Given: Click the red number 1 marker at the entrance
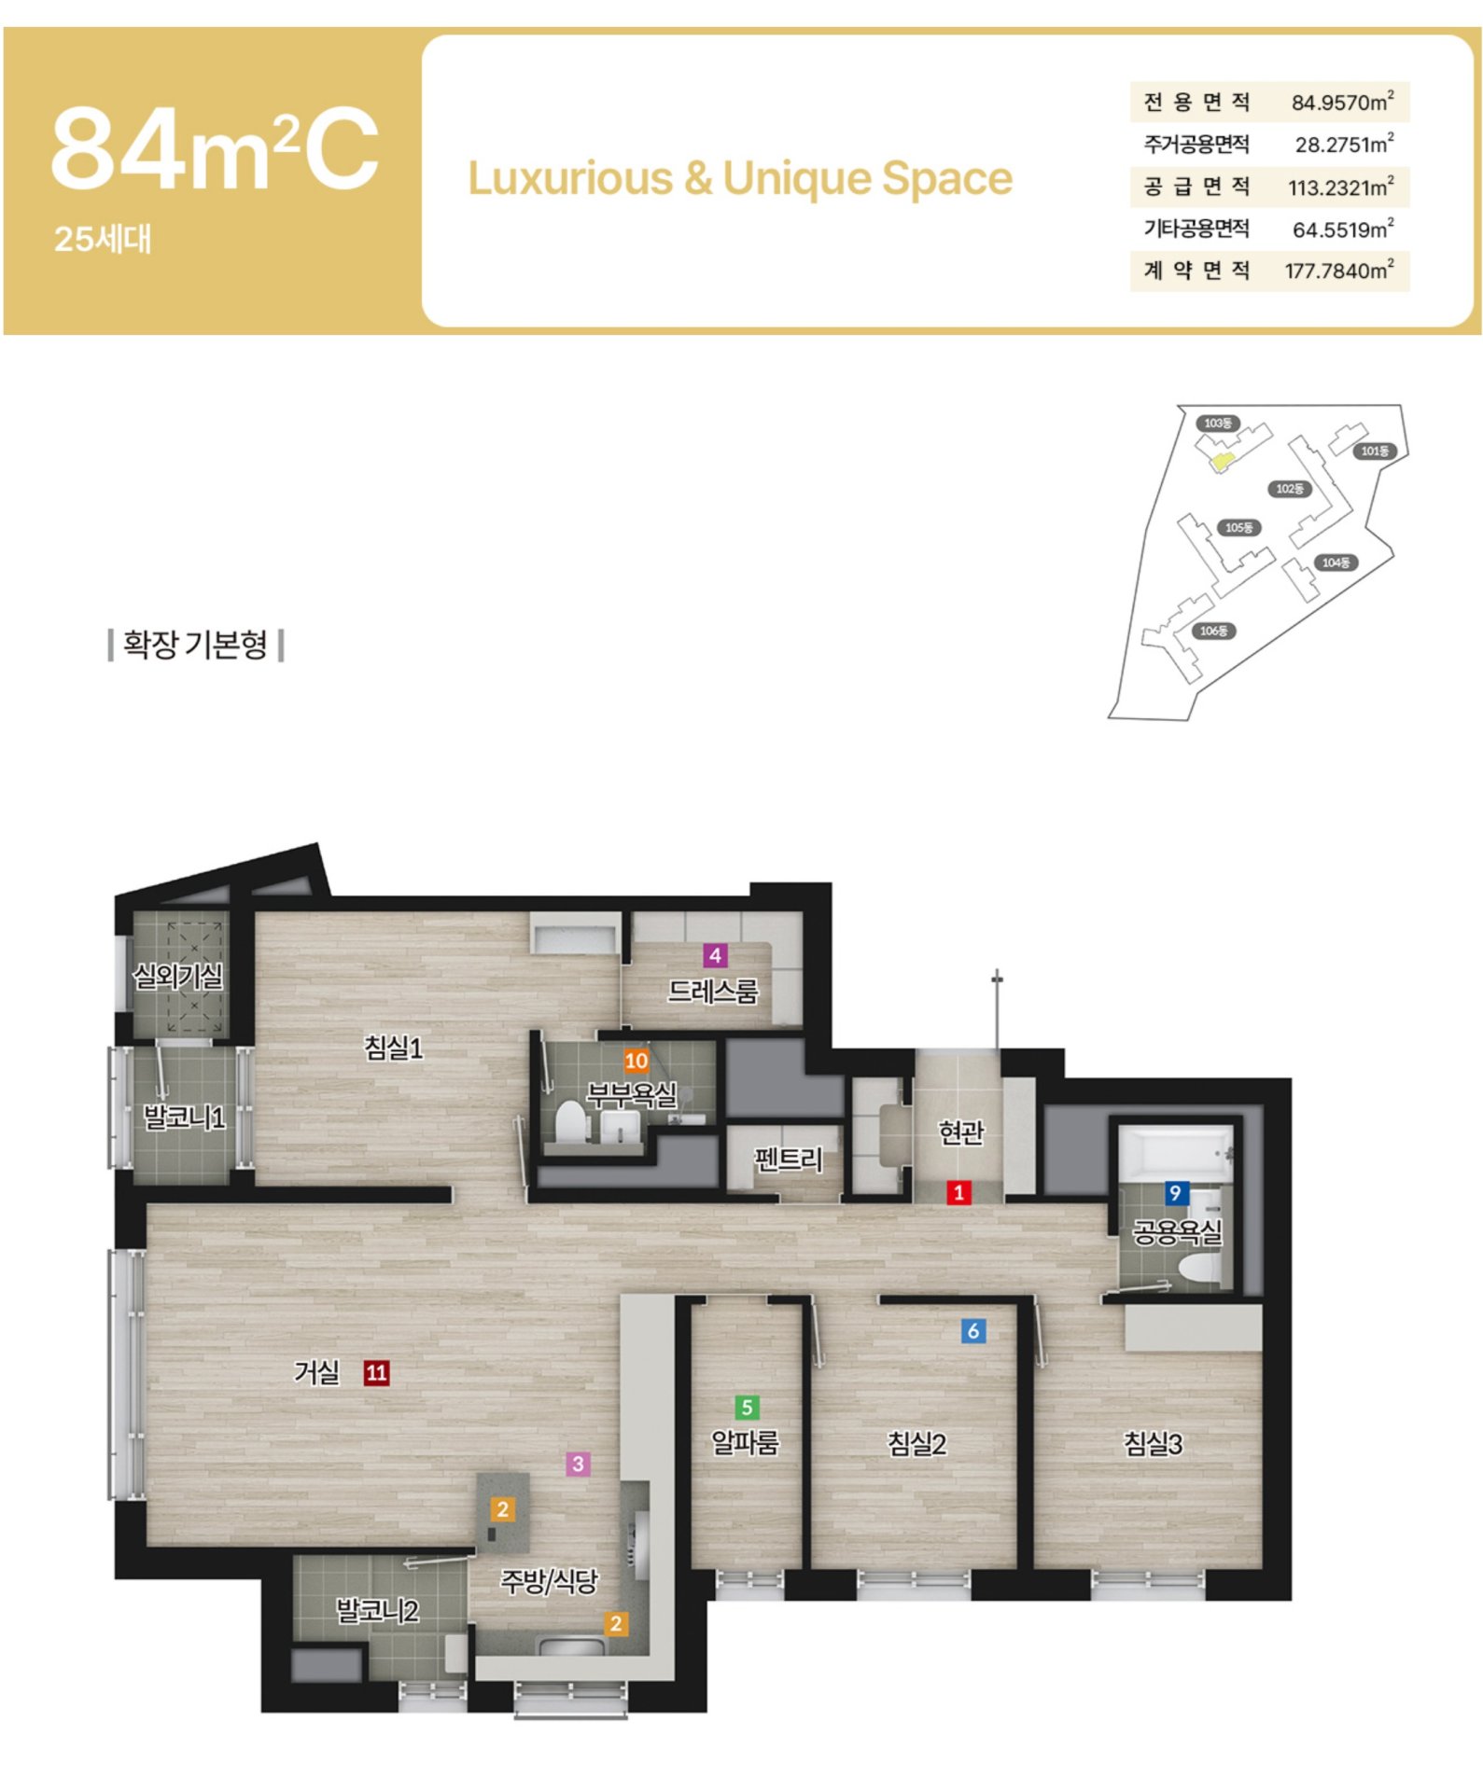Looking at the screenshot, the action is (958, 1192).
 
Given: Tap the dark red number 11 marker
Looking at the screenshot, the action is (376, 1372).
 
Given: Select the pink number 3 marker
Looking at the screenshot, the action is (578, 1464).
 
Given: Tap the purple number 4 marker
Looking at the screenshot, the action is (715, 955).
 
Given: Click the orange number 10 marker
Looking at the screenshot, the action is (637, 1061).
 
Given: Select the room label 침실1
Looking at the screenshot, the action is (394, 1048).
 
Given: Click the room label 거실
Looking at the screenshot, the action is (316, 1372).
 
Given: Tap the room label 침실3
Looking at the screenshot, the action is (1153, 1444).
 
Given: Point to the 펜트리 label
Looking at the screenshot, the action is (789, 1159).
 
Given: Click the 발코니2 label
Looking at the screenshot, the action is (377, 1610).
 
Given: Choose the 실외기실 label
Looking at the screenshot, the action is (178, 977).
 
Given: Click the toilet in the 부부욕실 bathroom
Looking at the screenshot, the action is (569, 1121).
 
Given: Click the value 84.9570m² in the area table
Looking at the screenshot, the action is (1342, 102).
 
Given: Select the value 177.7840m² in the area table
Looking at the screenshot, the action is (1339, 271).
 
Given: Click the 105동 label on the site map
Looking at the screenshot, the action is (1238, 528).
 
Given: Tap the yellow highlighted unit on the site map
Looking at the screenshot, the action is (1221, 460).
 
